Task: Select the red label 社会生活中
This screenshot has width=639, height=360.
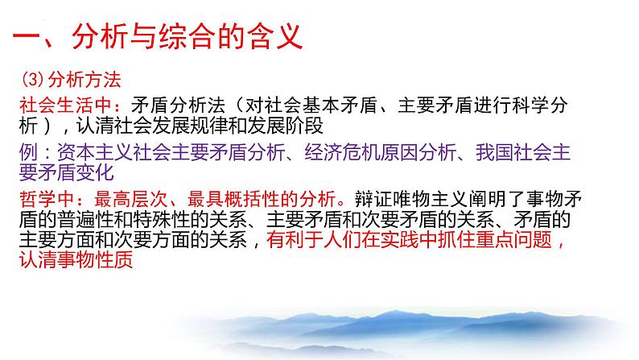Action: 66,106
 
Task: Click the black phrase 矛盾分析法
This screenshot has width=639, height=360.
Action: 178,106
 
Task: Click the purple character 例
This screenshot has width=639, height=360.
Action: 28,152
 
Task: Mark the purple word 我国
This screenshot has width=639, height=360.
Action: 494,152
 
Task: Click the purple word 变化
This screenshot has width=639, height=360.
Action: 94,172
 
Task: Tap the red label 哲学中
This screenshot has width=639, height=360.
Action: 47,200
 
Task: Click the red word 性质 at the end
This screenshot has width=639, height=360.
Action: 114,259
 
